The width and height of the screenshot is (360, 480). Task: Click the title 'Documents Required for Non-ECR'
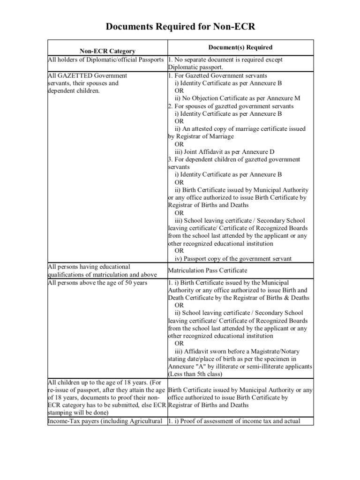[180, 27]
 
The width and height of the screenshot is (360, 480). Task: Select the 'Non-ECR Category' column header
[107, 51]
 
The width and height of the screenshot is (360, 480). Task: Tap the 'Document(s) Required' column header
[240, 47]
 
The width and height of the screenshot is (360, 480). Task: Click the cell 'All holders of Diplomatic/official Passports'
[106, 60]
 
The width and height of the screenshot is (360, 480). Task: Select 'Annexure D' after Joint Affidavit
[257, 152]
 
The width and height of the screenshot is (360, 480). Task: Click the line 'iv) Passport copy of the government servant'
[233, 259]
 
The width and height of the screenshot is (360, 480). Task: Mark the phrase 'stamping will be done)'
[78, 412]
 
